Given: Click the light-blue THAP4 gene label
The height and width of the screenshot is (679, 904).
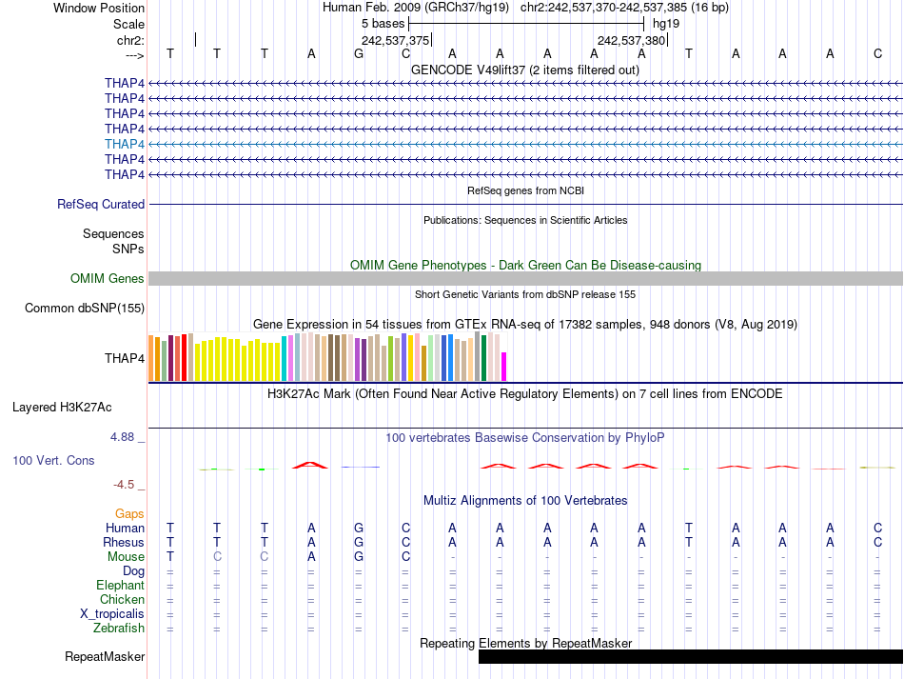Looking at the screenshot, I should tap(125, 144).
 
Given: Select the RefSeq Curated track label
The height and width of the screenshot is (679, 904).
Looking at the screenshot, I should tap(101, 204).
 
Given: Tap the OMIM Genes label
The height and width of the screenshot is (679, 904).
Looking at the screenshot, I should tap(108, 278).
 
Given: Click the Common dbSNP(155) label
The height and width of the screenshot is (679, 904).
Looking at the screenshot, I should tap(85, 308).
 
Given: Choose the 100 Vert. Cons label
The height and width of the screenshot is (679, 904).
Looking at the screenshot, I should tap(53, 460).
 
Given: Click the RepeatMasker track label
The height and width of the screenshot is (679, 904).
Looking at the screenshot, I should tap(105, 656).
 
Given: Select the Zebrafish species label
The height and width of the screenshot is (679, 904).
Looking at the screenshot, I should tap(119, 628).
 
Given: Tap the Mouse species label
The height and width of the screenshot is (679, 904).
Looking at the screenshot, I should tap(126, 556).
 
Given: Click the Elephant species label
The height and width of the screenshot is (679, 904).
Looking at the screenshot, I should tap(120, 585).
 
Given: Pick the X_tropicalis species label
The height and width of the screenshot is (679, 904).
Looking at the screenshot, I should tap(112, 613).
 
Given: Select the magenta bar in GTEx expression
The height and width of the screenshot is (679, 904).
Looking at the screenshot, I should tap(504, 367).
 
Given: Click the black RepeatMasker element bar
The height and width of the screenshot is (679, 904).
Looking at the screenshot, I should tap(690, 656).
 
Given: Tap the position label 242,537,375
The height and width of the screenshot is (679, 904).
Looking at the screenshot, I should tap(395, 40).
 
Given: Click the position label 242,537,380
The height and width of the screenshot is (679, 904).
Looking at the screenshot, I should tap(631, 40).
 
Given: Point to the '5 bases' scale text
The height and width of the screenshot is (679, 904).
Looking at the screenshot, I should tap(383, 23).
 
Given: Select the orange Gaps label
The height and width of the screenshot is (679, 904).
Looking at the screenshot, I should tap(129, 513).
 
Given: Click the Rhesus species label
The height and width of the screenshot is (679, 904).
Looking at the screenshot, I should tap(124, 542).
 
